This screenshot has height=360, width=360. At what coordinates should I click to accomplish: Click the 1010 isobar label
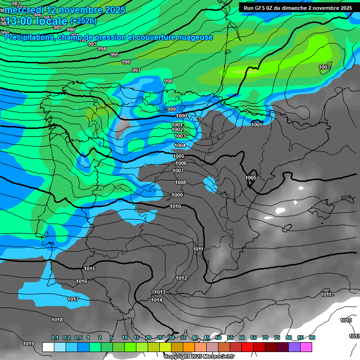(x=175, y=206)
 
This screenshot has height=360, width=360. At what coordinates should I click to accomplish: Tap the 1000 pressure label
(x=181, y=116)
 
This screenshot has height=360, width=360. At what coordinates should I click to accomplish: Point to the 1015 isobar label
(x=90, y=269)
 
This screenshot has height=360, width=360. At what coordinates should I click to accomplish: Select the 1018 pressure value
(x=57, y=320)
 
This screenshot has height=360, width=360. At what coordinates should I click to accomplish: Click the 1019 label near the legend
(x=29, y=344)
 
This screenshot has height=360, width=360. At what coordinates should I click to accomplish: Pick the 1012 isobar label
(x=181, y=278)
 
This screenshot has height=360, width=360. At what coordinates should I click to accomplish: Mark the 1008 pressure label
(x=180, y=182)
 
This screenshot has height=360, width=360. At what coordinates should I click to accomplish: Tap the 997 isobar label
(x=136, y=70)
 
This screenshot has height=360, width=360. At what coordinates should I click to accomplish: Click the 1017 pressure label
(x=73, y=299)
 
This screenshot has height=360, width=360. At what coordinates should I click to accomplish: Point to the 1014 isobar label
(x=157, y=300)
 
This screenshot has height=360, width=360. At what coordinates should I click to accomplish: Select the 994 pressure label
(x=101, y=49)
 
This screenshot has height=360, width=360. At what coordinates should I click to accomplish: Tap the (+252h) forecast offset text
(x=83, y=21)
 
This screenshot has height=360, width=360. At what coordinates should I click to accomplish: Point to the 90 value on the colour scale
(x=312, y=337)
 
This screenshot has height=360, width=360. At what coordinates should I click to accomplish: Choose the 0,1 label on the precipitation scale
(x=55, y=337)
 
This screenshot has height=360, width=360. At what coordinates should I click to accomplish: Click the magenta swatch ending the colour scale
(x=306, y=347)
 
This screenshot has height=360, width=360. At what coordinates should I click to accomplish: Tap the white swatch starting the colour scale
(x=48, y=347)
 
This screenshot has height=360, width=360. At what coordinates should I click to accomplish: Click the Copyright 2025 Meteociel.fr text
(x=199, y=356)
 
